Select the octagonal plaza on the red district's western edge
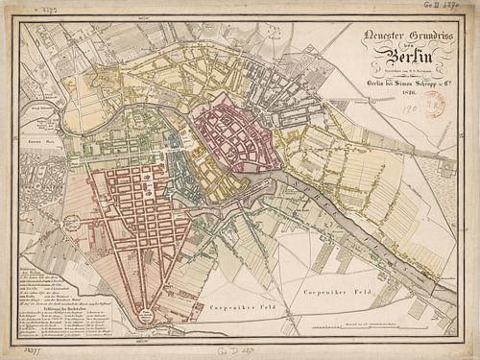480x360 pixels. point(70,224)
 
